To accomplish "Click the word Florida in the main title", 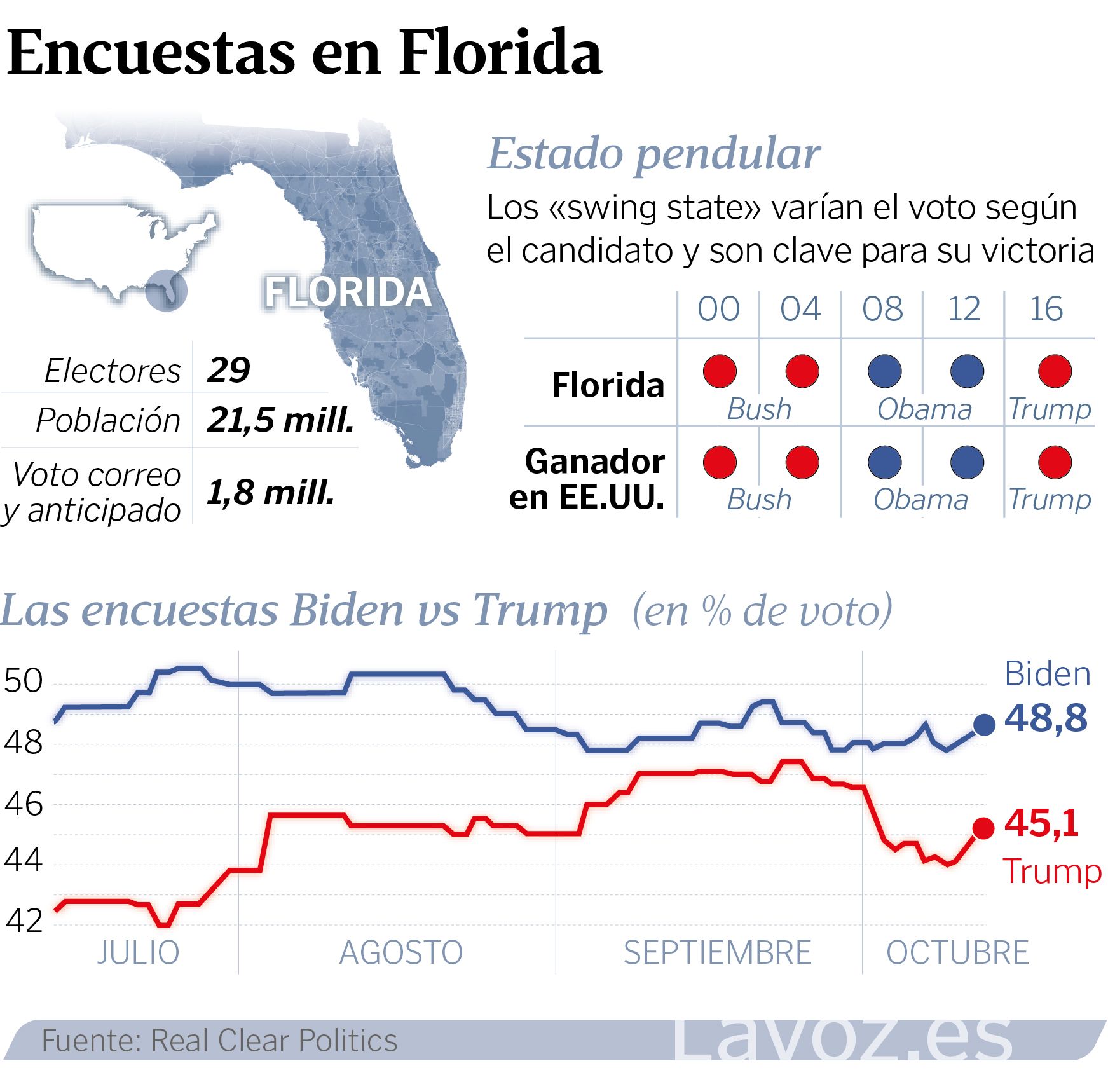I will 500,52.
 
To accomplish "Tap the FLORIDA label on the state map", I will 348,292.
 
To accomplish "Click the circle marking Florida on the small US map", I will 166,291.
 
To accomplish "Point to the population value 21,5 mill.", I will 280,420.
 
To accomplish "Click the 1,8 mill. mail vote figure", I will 270,493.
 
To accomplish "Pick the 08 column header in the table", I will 882,310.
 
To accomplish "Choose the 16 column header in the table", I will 1046,310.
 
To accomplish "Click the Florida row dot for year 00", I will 720,371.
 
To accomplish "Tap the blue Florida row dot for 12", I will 967,371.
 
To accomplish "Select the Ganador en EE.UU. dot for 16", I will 1055,462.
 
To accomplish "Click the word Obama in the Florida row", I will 924,409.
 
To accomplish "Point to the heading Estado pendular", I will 654,154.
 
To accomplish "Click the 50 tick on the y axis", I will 24,681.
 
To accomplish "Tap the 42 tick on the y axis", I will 24,921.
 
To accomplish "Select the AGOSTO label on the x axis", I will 401,953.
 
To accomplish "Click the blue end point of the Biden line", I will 984,724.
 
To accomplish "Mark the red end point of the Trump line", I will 983,828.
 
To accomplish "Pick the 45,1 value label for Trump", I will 1042,823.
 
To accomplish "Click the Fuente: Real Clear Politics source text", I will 219,1041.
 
